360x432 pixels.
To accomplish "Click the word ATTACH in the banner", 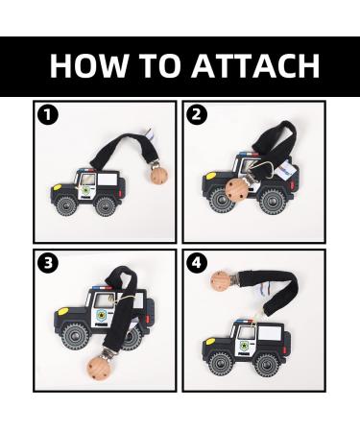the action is point(255,65).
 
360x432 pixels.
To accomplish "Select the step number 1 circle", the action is point(48,115).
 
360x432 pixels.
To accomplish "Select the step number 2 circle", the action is point(197,115).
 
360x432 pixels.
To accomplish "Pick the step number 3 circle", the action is point(48,263).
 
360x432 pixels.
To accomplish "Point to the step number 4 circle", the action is point(197,263).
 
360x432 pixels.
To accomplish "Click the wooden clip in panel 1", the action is point(159,176).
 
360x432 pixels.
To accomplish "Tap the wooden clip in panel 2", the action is point(236,189).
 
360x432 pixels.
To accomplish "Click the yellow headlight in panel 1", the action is point(58,187).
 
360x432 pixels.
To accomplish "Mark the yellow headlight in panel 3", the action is point(63,311).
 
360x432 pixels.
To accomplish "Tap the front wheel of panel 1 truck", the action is point(66,205).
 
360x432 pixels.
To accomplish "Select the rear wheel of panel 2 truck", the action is point(272,202).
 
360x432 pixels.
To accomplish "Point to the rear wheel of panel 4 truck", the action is point(266,365).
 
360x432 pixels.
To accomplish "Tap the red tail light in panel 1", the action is point(121,193).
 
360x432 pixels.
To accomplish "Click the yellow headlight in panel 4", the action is point(210,342).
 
